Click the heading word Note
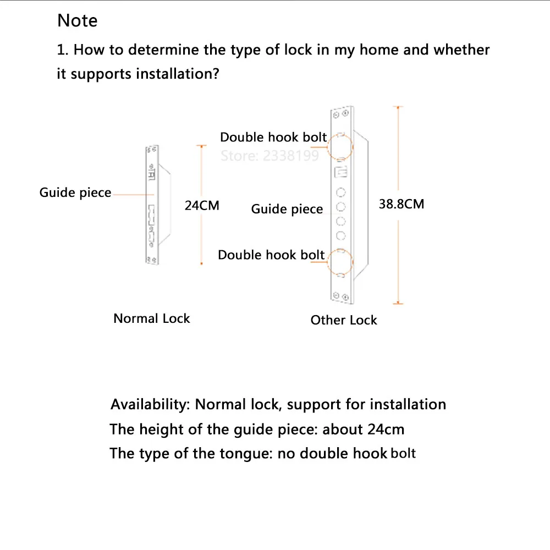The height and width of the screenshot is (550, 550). [78, 21]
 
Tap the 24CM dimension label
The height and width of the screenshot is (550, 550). [202, 206]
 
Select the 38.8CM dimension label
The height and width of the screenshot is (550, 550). [402, 204]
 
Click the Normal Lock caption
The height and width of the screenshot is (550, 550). [151, 318]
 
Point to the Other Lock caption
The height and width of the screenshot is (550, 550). [344, 320]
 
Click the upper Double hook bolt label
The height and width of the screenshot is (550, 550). [273, 137]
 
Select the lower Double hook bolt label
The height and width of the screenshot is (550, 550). [271, 255]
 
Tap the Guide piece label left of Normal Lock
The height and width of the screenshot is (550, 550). [75, 193]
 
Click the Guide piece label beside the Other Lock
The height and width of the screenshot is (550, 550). [287, 209]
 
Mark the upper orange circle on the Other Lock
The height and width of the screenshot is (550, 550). [340, 145]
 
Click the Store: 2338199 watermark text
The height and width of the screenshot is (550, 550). [269, 156]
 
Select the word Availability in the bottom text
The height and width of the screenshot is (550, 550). [150, 404]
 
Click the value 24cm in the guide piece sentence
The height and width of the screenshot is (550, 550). [386, 429]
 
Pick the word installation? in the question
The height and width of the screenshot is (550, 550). [178, 74]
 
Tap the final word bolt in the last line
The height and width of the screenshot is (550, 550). [403, 454]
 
